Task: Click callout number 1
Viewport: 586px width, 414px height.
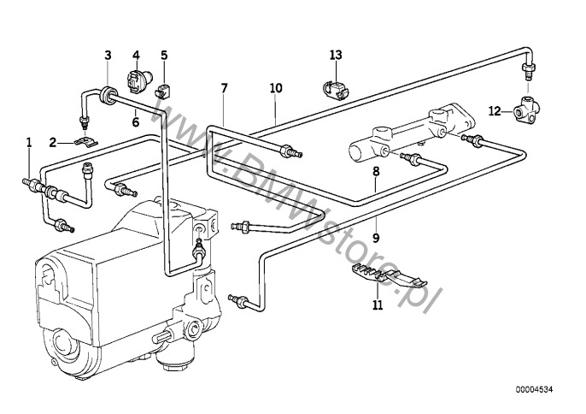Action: [29, 143]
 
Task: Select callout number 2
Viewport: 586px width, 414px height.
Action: [53, 143]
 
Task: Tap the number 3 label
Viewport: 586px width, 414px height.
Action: [108, 56]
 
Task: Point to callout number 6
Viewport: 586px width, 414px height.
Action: [136, 56]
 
